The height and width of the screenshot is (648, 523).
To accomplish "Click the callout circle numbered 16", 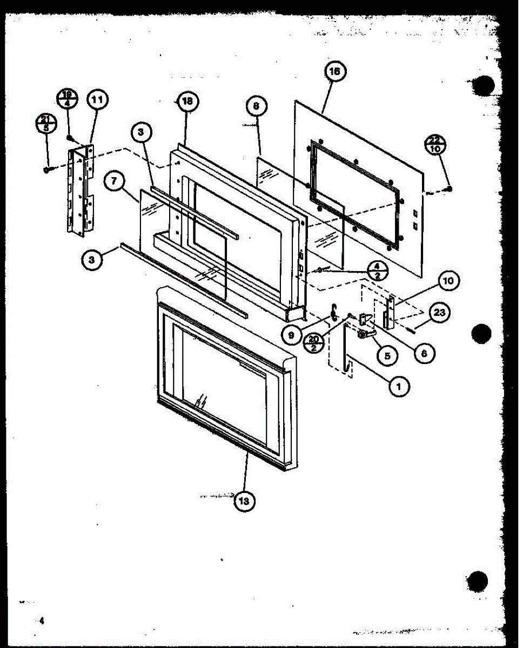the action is pos(336,72).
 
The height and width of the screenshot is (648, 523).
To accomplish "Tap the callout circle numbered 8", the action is pos(257,106).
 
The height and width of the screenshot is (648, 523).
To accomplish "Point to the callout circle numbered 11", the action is pos(97,100).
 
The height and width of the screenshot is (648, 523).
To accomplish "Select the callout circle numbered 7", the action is pos(114,182).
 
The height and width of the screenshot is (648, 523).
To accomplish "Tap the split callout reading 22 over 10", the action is pos(435,144).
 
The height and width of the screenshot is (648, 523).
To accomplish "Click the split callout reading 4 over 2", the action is pos(377,270).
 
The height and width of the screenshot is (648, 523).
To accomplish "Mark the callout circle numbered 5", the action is pos(387,356).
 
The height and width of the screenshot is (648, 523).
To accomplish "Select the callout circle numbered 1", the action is pos(399,386).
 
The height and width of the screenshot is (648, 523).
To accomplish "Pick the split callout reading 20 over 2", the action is pos(314,343).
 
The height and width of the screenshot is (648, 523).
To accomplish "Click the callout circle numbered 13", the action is pos(244,501).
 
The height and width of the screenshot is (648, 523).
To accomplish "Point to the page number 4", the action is pos(41,622).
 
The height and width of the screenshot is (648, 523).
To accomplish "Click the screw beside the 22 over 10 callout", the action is pos(450,188).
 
